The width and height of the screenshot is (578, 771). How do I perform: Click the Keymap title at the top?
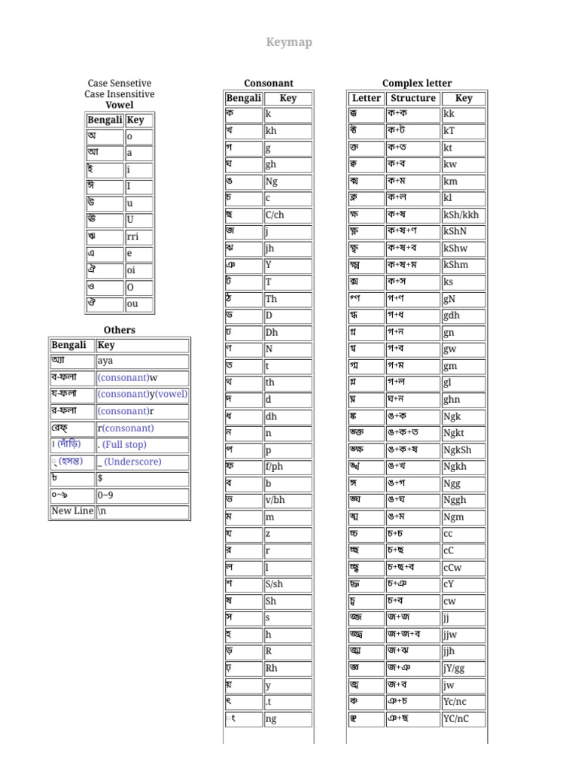pyautogui.click(x=289, y=42)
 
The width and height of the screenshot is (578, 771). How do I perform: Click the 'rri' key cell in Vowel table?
pyautogui.click(x=139, y=237)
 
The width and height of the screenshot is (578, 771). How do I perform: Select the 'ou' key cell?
pyautogui.click(x=139, y=305)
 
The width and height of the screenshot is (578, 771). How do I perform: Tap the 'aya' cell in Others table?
pyautogui.click(x=142, y=361)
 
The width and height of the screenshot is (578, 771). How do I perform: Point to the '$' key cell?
pyautogui.click(x=142, y=479)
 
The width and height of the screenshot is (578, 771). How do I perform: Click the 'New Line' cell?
pyautogui.click(x=72, y=511)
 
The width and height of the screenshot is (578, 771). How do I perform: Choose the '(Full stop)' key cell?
pyautogui.click(x=142, y=445)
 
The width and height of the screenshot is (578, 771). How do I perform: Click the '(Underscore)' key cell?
pyautogui.click(x=142, y=462)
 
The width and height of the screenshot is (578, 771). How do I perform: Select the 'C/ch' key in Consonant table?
pyautogui.click(x=287, y=215)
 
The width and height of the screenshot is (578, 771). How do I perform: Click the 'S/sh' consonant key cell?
pyautogui.click(x=287, y=584)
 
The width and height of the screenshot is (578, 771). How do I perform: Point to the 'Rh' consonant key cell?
pyautogui.click(x=287, y=668)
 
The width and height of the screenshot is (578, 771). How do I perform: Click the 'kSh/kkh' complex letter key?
pyautogui.click(x=463, y=215)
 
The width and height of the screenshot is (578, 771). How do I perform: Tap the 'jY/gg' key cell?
pyautogui.click(x=463, y=669)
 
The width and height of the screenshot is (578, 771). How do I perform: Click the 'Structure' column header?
pyautogui.click(x=413, y=99)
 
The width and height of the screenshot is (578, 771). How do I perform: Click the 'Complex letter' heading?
pyautogui.click(x=417, y=83)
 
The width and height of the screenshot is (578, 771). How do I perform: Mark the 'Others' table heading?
pyautogui.click(x=120, y=330)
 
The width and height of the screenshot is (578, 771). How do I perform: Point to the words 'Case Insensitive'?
pyautogui.click(x=120, y=94)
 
